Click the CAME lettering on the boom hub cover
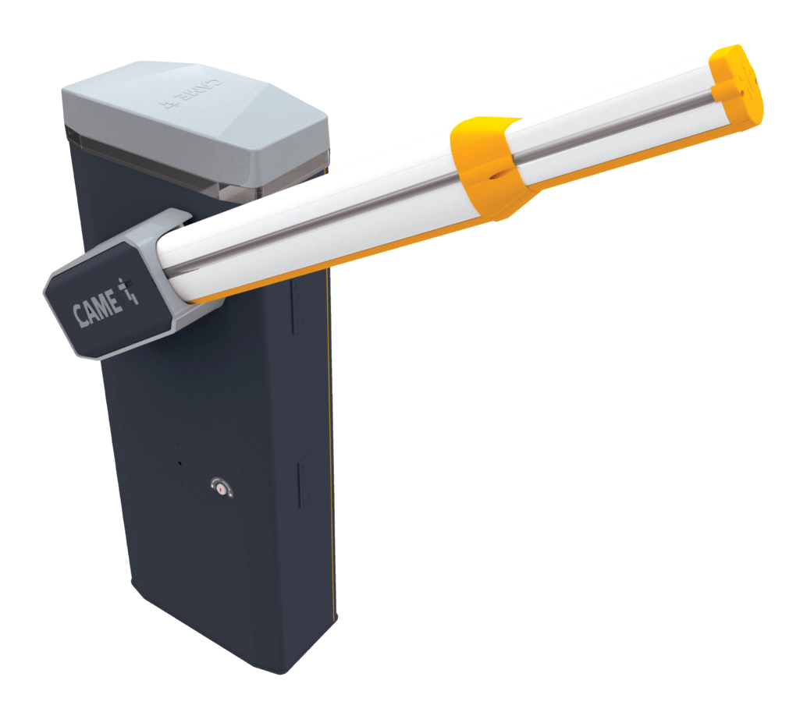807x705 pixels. coord(98,310)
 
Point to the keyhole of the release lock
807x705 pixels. coord(222,488)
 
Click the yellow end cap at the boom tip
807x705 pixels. coord(737,85)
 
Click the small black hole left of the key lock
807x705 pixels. coord(180,463)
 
